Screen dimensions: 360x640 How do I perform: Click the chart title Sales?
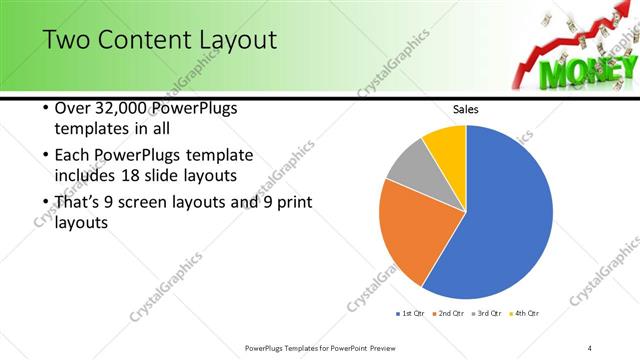click(x=466, y=108)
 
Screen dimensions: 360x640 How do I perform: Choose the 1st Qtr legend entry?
click(x=410, y=313)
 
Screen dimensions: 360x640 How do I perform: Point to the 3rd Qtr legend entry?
click(x=487, y=313)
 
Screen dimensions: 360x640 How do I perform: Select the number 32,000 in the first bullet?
click(x=126, y=108)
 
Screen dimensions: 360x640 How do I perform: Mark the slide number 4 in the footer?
click(x=590, y=347)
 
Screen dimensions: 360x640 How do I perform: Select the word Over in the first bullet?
click(x=72, y=108)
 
